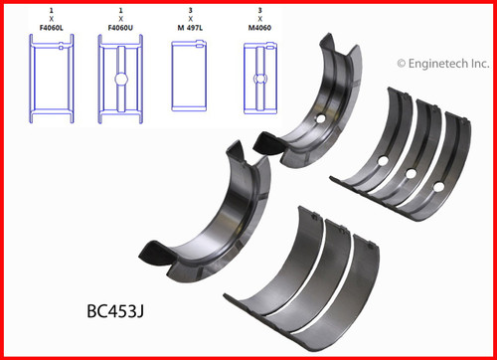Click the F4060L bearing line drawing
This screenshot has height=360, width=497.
click(50, 77)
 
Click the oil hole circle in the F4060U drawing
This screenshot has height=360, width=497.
click(121, 79)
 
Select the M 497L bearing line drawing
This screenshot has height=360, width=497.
click(189, 77)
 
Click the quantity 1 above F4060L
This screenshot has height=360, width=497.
click(50, 8)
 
